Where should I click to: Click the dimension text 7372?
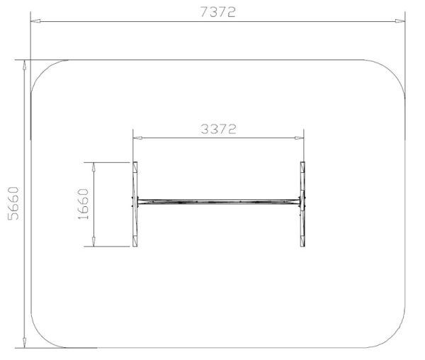pyautogui.click(x=218, y=12)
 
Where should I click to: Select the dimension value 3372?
pyautogui.click(x=218, y=129)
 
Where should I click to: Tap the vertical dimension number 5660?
pyautogui.click(x=13, y=203)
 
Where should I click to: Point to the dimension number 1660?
pyautogui.click(x=83, y=204)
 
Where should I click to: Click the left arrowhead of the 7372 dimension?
pyautogui.click(x=35, y=21)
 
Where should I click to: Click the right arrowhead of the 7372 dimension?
pyautogui.click(x=400, y=21)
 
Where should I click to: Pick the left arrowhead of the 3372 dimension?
pyautogui.click(x=137, y=137)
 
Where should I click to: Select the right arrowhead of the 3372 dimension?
pyautogui.click(x=299, y=137)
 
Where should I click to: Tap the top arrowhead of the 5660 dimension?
pyautogui.click(x=24, y=65)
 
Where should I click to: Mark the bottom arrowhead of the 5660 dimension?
pyautogui.click(x=24, y=343)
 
